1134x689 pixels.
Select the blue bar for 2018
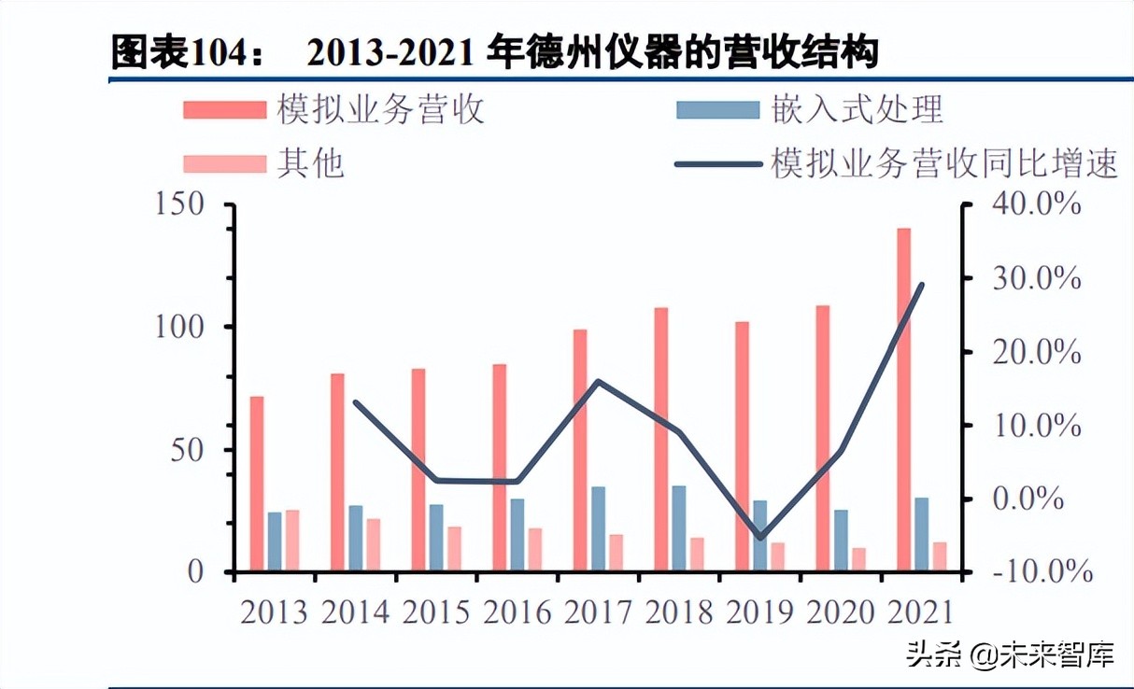point(679,527)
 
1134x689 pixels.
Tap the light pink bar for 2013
point(292,541)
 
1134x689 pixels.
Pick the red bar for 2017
point(580,449)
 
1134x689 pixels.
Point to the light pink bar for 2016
point(535,549)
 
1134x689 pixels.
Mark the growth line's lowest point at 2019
point(760,539)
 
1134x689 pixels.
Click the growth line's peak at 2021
point(922,284)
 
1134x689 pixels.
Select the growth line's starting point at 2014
point(355,402)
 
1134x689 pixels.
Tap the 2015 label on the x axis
point(436,612)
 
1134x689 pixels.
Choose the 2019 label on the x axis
point(760,612)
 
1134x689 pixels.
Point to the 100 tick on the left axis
point(180,328)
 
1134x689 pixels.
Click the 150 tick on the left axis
point(180,204)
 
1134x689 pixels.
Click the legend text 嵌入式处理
point(858,110)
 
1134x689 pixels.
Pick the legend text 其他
point(310,164)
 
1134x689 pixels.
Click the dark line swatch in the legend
point(717,165)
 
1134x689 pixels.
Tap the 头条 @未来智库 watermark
point(1009,655)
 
